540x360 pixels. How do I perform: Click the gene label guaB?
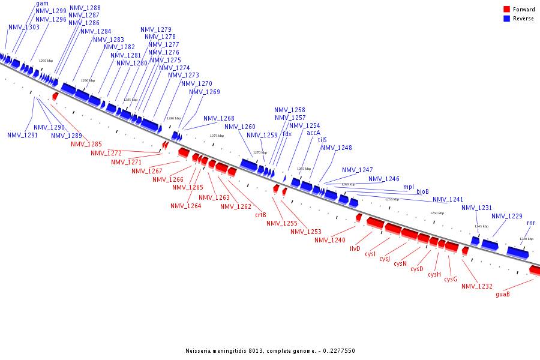(x=503, y=294)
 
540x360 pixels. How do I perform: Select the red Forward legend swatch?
(x=506, y=10)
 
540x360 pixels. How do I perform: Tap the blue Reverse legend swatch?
(x=506, y=19)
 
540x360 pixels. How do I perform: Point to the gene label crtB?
(x=260, y=214)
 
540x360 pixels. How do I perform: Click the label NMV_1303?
(x=24, y=27)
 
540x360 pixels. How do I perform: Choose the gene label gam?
(x=42, y=4)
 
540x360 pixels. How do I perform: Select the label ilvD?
(x=355, y=248)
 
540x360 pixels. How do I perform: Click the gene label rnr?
(x=531, y=223)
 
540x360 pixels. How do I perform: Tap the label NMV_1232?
(x=477, y=286)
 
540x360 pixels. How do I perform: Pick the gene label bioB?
(x=423, y=191)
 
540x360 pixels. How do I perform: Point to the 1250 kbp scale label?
(x=437, y=213)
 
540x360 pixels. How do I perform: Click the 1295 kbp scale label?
(x=46, y=61)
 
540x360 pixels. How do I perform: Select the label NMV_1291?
(x=23, y=135)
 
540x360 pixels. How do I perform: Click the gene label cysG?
(x=451, y=279)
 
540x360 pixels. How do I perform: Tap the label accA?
(x=314, y=133)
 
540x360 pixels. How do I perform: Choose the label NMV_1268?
(x=219, y=118)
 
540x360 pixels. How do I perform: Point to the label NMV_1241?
(x=448, y=199)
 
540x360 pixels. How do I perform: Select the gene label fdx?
(x=287, y=134)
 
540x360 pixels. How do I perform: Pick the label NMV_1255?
(x=282, y=223)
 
